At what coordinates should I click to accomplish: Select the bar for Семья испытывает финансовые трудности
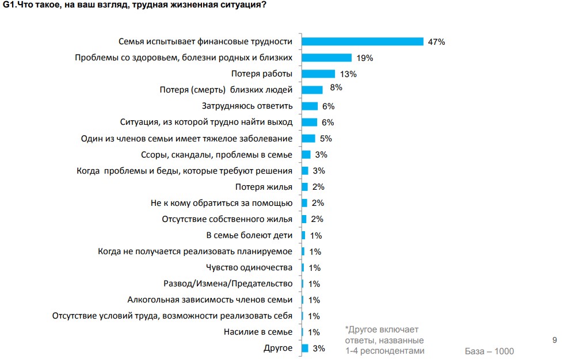(x=363, y=41)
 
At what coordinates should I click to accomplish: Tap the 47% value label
(x=437, y=42)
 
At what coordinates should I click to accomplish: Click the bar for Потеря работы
(x=318, y=74)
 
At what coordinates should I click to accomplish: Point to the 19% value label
(x=365, y=58)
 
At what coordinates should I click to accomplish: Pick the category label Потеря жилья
(x=264, y=187)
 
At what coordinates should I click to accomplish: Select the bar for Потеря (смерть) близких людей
(x=312, y=90)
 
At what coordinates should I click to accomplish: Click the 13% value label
(x=348, y=74)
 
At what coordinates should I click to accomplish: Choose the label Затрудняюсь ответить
(x=247, y=106)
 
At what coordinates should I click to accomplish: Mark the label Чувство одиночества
(x=249, y=267)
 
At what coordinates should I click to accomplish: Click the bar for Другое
(x=305, y=348)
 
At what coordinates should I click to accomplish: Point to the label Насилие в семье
(x=257, y=332)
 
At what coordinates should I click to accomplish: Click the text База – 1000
(x=489, y=351)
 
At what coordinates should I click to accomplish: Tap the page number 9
(x=554, y=340)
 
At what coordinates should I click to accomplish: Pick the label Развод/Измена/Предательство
(x=228, y=284)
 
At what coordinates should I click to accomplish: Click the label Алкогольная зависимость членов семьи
(x=210, y=300)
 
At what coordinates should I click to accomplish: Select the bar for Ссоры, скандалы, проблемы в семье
(x=306, y=154)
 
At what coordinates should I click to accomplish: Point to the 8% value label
(x=336, y=87)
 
